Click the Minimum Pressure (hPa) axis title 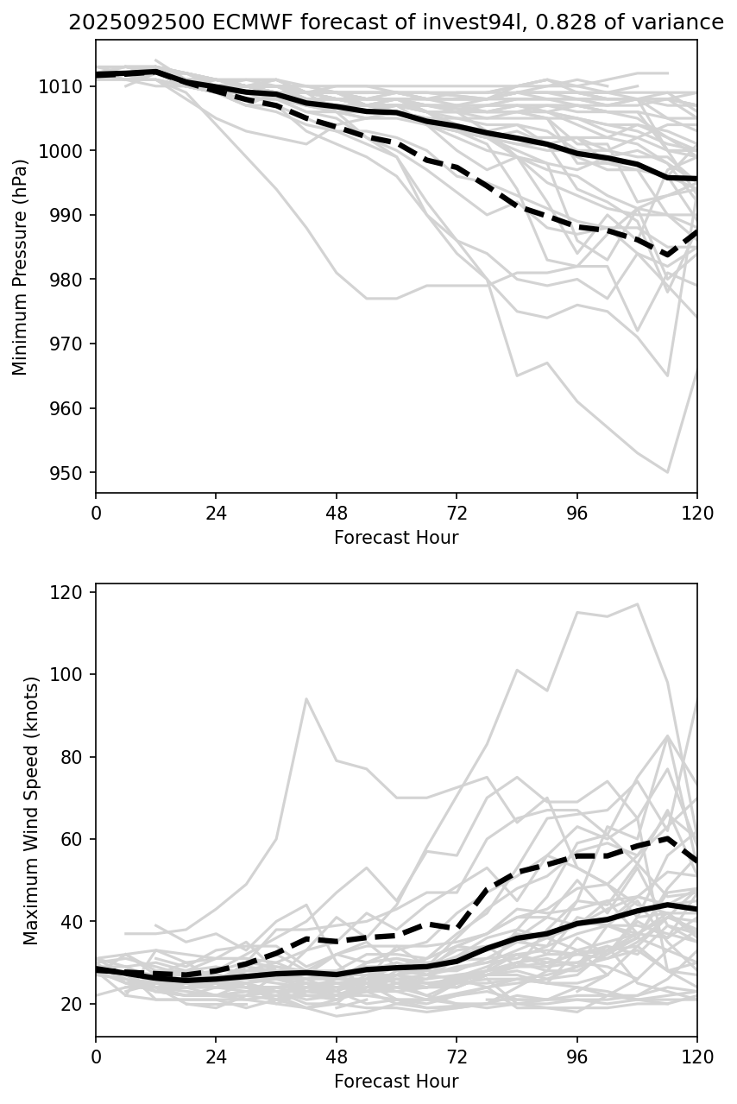click(x=21, y=267)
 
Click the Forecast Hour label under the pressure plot click(x=396, y=538)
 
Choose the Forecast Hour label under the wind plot click(x=396, y=1082)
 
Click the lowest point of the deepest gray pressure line click(x=667, y=472)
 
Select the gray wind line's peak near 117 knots click(x=638, y=604)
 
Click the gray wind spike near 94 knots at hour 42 click(x=306, y=698)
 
